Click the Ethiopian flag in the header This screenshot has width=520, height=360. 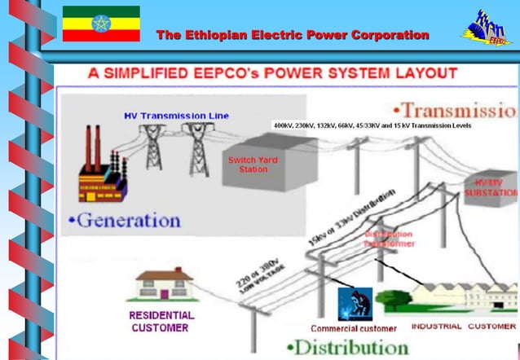click(x=101, y=24)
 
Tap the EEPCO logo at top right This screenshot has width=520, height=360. click(x=487, y=28)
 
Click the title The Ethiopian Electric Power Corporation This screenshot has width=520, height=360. click(x=293, y=35)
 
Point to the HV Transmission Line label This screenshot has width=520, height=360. click(x=176, y=116)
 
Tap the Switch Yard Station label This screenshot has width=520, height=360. click(x=253, y=165)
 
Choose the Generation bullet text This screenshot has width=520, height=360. click(x=125, y=220)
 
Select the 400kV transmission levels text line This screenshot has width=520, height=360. click(x=377, y=126)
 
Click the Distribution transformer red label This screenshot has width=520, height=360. click(x=388, y=239)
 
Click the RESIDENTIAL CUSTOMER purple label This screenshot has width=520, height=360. click(x=161, y=321)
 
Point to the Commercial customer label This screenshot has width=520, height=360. click(x=354, y=329)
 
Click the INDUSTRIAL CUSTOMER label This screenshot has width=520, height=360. click(x=463, y=327)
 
